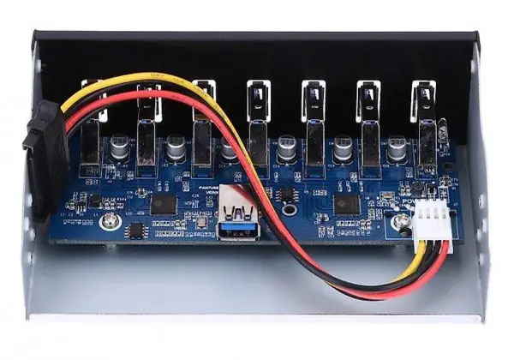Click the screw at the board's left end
click(x=110, y=222)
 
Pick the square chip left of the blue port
click(x=164, y=203)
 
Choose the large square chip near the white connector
click(x=346, y=203)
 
